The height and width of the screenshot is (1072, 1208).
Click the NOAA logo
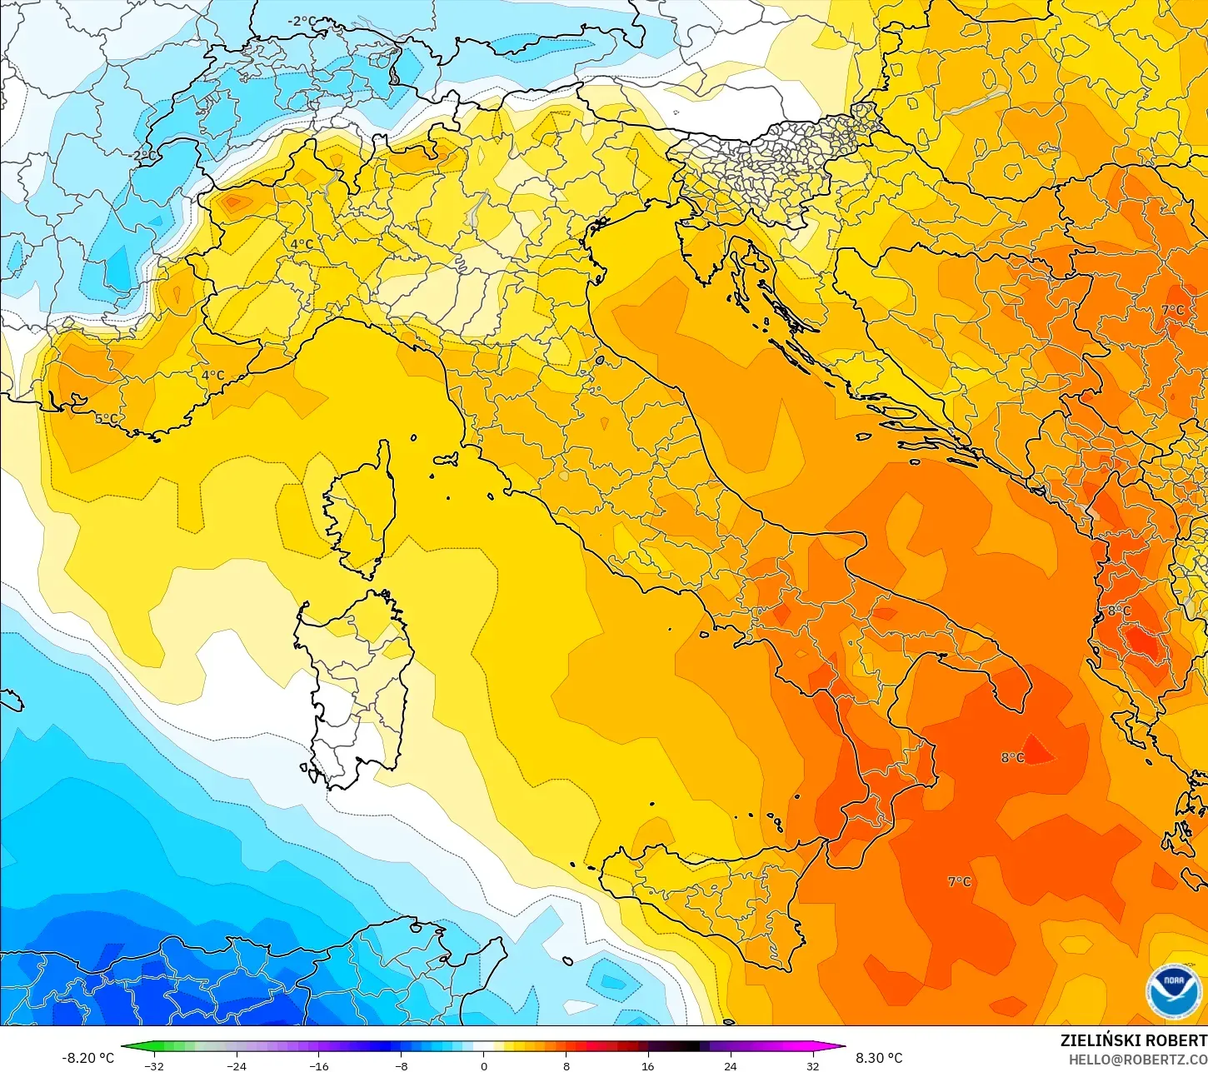pos(1173,990)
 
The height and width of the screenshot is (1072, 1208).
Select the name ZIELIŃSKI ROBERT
pos(1133,1040)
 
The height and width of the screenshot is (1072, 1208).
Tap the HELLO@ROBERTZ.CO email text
pos(1138,1060)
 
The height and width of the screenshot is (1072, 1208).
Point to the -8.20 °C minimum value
pos(87,1058)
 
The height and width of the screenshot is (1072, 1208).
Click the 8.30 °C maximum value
pos(879,1058)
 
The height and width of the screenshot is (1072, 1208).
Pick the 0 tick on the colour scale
pos(483,1065)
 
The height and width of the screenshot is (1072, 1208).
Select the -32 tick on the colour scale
pos(154,1065)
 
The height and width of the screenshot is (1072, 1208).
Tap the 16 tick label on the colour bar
pos(647,1065)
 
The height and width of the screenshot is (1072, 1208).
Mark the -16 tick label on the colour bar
pos(318,1065)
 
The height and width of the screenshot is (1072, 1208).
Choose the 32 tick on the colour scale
pos(812,1065)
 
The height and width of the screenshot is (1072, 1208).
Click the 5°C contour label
pos(106,419)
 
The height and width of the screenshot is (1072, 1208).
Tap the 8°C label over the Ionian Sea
pos(1012,757)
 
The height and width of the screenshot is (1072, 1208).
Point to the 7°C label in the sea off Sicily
pos(959,881)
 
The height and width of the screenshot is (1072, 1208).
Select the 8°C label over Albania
pos(1118,611)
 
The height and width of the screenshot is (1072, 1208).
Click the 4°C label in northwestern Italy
pos(302,244)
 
